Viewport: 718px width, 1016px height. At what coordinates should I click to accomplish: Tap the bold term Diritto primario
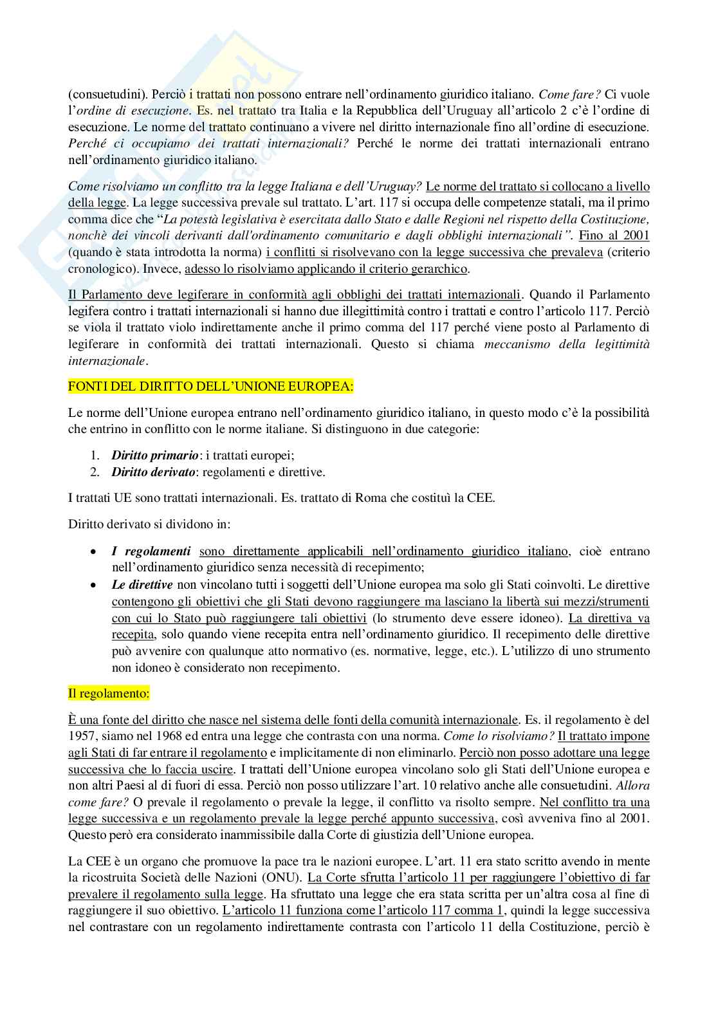(x=155, y=456)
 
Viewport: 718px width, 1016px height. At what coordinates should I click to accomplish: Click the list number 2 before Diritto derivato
(x=95, y=472)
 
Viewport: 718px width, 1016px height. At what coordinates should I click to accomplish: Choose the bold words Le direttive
(x=142, y=585)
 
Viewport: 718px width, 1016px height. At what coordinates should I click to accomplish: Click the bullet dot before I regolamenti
(x=94, y=552)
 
